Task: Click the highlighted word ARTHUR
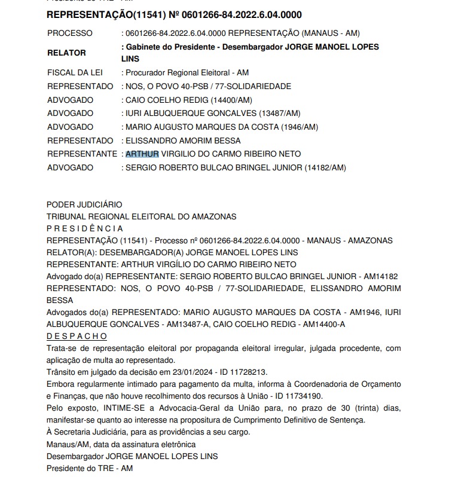[x=142, y=154]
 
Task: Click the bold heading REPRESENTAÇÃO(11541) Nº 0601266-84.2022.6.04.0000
[x=174, y=14]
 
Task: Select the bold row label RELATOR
[x=66, y=53]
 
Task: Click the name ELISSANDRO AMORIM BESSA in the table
[x=183, y=140]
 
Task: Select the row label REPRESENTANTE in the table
[x=82, y=154]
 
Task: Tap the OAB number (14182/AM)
[x=325, y=167]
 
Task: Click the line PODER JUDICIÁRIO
[x=84, y=204]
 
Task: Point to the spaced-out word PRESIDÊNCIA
[x=85, y=228]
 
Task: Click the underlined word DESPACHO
[x=77, y=336]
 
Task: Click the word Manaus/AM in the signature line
[x=67, y=444]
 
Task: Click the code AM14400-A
[x=325, y=324]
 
